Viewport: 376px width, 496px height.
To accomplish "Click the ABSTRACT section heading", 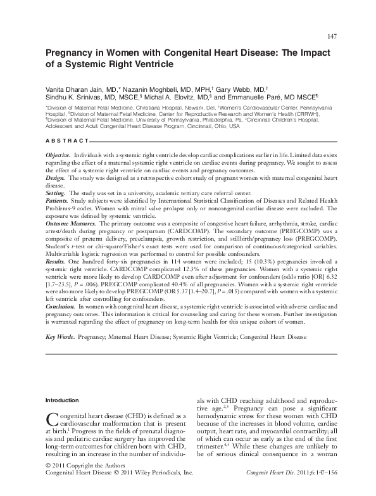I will click(67, 139).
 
